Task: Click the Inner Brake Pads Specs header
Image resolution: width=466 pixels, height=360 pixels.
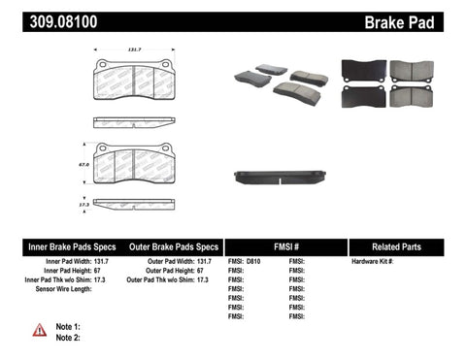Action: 58,246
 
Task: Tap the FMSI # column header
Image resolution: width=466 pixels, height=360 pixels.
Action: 285,246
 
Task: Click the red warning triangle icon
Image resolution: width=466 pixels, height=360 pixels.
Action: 39,331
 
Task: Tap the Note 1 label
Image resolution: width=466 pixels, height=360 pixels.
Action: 67,326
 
